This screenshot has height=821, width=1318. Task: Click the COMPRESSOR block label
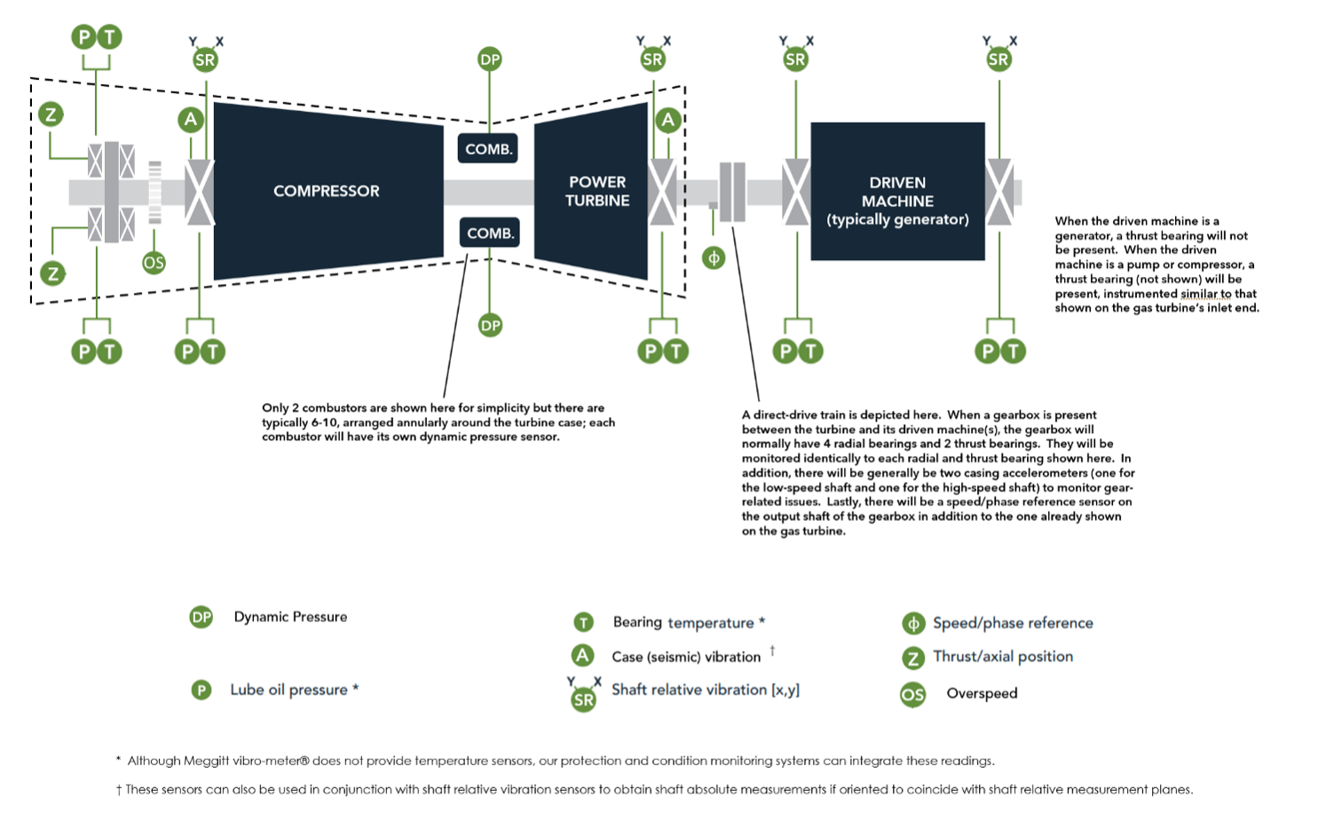326,191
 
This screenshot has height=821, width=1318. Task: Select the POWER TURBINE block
597,191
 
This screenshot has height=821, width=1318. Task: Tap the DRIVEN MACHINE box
897,201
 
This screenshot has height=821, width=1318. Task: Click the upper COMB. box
488,149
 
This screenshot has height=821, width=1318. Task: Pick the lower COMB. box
489,233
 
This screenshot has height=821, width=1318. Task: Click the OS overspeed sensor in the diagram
154,263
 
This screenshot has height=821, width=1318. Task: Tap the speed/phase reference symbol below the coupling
714,258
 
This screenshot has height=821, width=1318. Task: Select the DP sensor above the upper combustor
490,59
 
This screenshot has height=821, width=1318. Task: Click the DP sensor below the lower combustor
490,326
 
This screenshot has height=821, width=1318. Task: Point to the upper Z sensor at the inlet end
51,114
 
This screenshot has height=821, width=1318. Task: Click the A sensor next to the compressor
190,120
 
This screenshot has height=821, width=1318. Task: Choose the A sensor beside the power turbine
668,120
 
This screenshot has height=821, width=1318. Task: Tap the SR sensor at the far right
998,59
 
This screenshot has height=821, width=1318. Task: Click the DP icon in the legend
201,617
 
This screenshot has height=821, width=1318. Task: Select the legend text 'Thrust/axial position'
1003,657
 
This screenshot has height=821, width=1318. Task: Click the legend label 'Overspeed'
982,693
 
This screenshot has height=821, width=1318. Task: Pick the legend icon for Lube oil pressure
201,690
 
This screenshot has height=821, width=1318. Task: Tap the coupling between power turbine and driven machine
732,191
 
